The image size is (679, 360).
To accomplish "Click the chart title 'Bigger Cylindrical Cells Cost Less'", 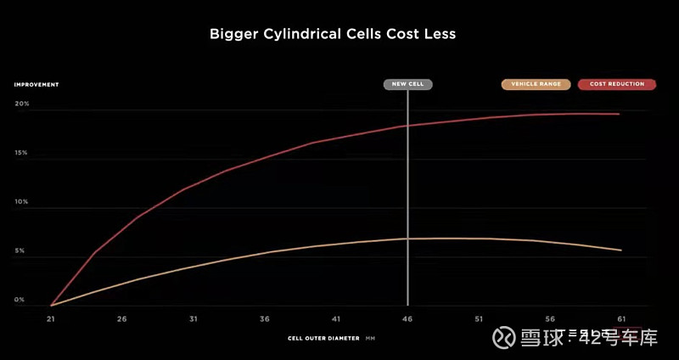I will [333, 35].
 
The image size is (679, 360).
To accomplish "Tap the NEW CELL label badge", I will [408, 84].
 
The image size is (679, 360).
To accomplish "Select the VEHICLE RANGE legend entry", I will [536, 84].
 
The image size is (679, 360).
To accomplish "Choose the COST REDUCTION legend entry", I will [616, 84].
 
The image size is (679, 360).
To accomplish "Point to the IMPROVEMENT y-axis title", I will [36, 84].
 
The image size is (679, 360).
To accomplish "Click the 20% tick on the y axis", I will [21, 104].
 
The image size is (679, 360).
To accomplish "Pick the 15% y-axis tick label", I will [21, 153].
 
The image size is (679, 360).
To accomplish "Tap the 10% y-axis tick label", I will [21, 202].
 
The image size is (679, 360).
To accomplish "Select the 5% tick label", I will [20, 251].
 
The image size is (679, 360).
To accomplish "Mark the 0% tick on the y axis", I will [20, 300].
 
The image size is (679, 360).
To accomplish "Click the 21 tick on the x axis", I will [51, 319].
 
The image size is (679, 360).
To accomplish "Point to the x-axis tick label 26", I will [122, 319].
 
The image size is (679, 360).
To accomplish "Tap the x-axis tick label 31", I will [194, 319].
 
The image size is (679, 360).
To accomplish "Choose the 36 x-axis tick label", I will [265, 319].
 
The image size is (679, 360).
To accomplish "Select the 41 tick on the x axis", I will [336, 319].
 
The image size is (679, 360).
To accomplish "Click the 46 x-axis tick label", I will [407, 319].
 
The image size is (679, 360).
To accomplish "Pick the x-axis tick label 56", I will [550, 319].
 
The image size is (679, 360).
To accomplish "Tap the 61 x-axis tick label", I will [621, 319].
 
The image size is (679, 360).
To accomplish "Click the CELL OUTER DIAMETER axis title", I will [325, 338].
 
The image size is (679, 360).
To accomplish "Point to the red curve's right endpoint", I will [620, 114].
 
